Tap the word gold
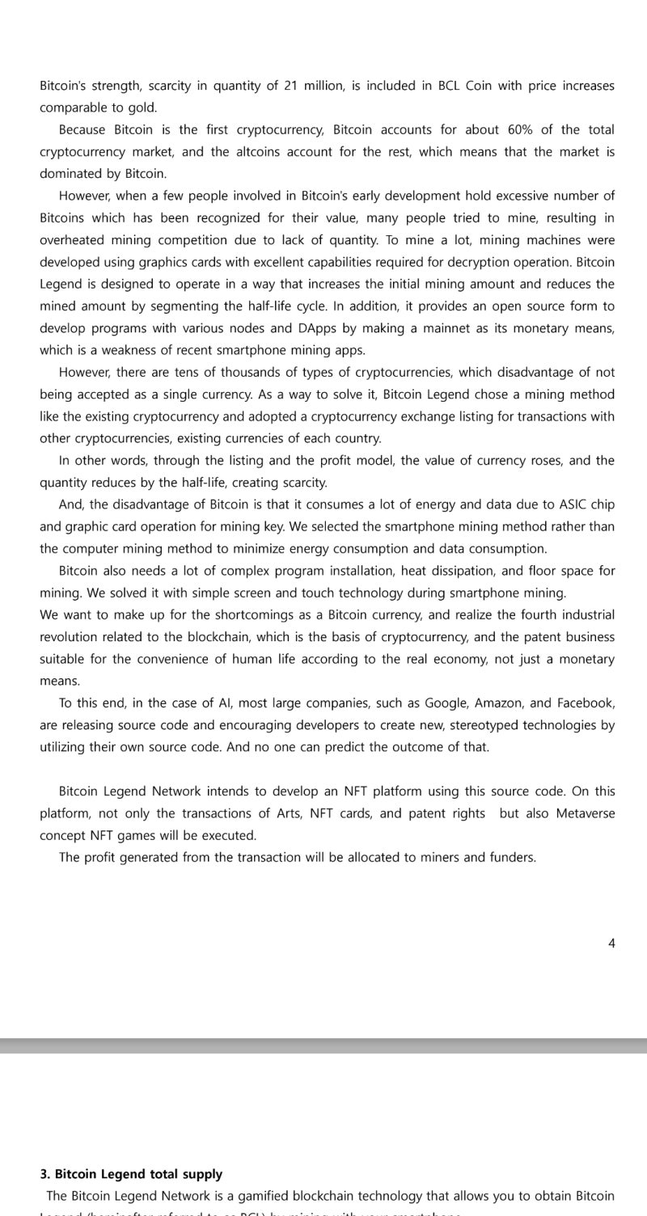(141, 108)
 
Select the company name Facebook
(584, 703)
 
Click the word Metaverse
(585, 813)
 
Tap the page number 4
(611, 943)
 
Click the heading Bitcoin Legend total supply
(138, 1174)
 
